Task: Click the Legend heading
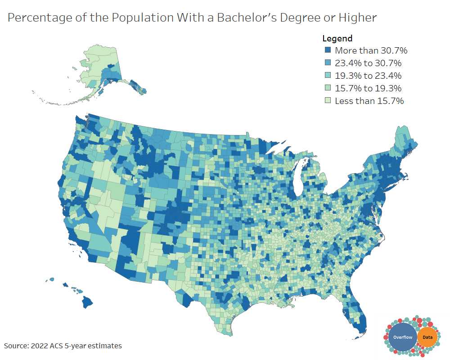click(x=337, y=39)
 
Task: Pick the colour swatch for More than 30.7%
click(x=328, y=50)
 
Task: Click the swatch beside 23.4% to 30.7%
click(x=328, y=63)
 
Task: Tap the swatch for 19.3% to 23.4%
click(x=328, y=76)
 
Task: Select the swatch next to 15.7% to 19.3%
click(x=328, y=88)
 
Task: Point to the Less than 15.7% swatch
click(x=328, y=101)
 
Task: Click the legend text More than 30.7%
click(x=371, y=50)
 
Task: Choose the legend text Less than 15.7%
click(x=369, y=101)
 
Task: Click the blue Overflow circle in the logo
click(x=402, y=337)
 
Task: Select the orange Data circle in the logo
click(x=427, y=337)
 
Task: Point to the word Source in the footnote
click(x=16, y=346)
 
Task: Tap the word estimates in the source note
click(x=105, y=346)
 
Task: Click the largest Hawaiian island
click(x=87, y=302)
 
